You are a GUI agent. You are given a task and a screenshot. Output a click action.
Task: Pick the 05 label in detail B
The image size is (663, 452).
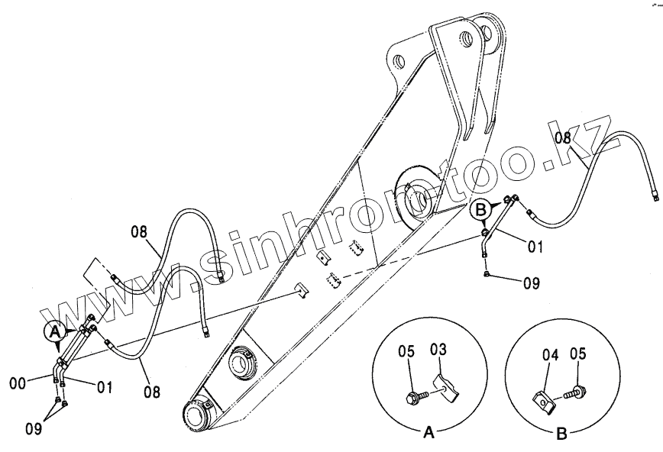tap(578, 354)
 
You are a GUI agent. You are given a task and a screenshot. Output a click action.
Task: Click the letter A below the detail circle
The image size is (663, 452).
tap(429, 433)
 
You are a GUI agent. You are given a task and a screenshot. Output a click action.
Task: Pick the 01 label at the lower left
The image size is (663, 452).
tap(104, 388)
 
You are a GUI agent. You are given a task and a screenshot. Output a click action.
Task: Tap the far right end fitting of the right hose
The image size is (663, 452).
tap(654, 196)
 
